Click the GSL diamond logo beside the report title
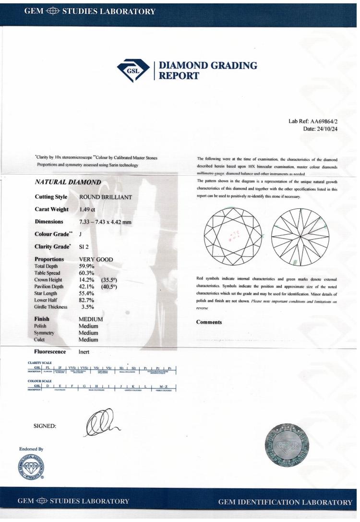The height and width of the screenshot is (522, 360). pyautogui.click(x=134, y=70)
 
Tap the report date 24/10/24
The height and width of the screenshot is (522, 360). pyautogui.click(x=325, y=129)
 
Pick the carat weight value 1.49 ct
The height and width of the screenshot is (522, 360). pyautogui.click(x=87, y=209)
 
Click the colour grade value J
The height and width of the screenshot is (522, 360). pyautogui.click(x=80, y=234)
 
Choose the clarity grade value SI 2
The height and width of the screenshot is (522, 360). pyautogui.click(x=84, y=247)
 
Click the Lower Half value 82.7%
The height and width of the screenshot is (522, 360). pyautogui.click(x=87, y=300)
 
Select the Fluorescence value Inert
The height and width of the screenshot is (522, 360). pyautogui.click(x=85, y=352)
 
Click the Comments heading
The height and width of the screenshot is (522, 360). pyautogui.click(x=209, y=322)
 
